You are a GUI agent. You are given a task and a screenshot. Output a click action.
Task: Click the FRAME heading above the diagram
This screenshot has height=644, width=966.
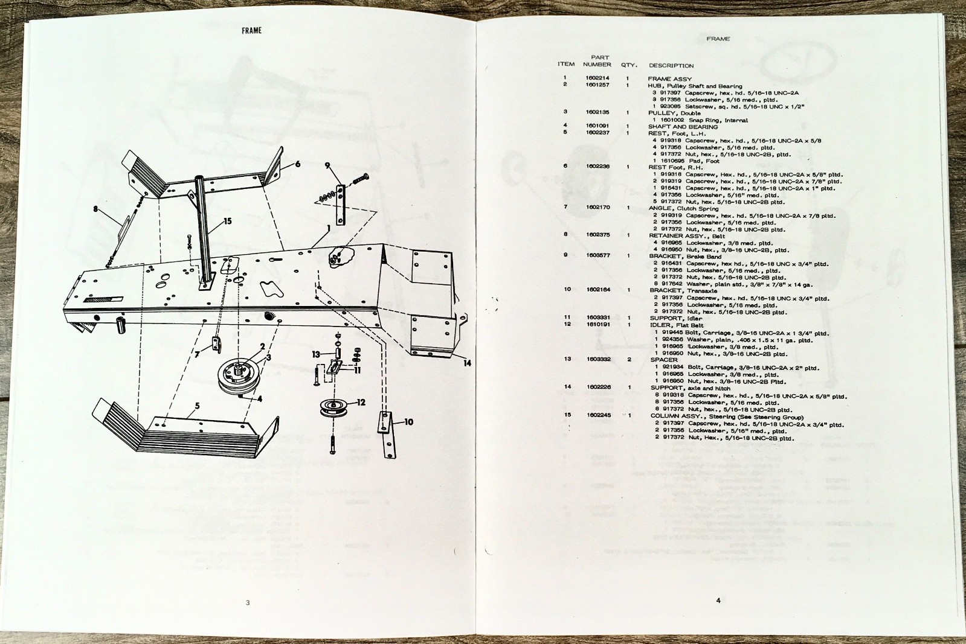click(x=251, y=30)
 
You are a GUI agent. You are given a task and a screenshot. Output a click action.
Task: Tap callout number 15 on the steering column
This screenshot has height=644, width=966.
click(x=227, y=221)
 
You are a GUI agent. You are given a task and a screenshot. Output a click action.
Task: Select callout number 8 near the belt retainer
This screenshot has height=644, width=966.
click(x=95, y=209)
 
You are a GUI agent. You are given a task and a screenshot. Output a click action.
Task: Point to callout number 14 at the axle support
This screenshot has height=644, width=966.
click(x=467, y=363)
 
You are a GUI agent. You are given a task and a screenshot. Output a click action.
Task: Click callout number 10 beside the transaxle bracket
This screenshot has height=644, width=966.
click(x=408, y=422)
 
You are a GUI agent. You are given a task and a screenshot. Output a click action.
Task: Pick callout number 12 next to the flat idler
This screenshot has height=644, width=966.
click(x=361, y=402)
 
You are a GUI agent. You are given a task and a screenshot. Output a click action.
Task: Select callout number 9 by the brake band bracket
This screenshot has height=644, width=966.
click(x=327, y=165)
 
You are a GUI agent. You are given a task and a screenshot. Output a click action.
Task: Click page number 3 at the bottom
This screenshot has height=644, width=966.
click(x=247, y=602)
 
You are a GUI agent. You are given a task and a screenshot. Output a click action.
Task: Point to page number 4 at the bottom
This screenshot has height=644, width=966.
click(x=718, y=600)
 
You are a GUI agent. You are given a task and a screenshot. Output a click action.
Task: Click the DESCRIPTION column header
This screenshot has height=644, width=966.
click(x=671, y=65)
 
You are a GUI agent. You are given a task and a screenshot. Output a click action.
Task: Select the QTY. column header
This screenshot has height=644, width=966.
click(x=629, y=65)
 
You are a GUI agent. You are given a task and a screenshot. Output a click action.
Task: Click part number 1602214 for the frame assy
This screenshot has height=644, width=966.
click(x=597, y=78)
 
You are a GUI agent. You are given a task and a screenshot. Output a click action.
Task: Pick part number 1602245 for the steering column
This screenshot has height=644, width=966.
click(x=597, y=415)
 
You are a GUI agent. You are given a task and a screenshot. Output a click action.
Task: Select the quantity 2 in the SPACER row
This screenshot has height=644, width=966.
click(x=629, y=359)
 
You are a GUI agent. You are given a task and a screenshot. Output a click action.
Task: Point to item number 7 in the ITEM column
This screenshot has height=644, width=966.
click(x=565, y=207)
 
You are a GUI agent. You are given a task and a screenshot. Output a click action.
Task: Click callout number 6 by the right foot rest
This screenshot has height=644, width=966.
click(x=297, y=164)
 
